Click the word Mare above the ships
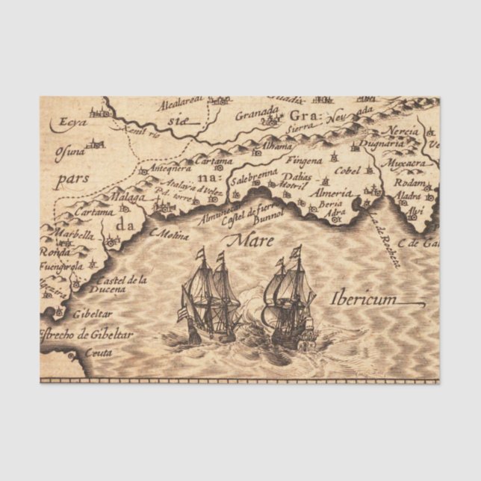pos(251,241)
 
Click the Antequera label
pos(172,169)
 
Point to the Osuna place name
pos(70,152)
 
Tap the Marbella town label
pos(74,235)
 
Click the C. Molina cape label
pos(170,233)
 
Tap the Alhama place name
pos(278,147)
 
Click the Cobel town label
pos(349,170)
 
